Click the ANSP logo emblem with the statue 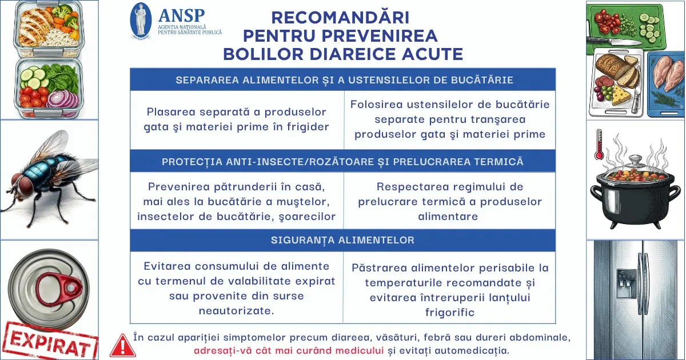click(141, 21)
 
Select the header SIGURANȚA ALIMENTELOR click(342, 240)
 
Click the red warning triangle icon click(122, 345)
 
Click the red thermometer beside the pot click(599, 145)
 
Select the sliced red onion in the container click(63, 99)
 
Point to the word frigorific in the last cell click(450, 313)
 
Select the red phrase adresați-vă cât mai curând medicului click(289, 351)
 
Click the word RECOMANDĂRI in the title click(340, 17)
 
